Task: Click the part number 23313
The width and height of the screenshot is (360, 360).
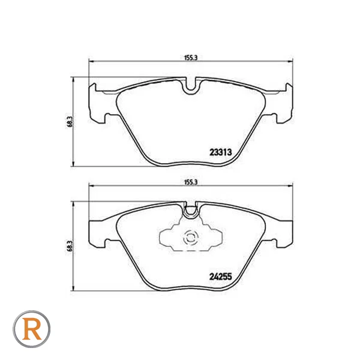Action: pyautogui.click(x=221, y=152)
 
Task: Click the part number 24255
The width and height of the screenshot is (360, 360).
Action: pyautogui.click(x=220, y=277)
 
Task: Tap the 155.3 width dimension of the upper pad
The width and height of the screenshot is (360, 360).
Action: pyautogui.click(x=191, y=58)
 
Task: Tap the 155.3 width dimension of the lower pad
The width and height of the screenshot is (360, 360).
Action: pyautogui.click(x=191, y=182)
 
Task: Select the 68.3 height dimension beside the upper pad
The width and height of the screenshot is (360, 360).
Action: pyautogui.click(x=70, y=121)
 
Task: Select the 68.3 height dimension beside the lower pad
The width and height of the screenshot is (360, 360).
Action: pyautogui.click(x=70, y=245)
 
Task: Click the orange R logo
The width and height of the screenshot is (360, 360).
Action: pyautogui.click(x=31, y=329)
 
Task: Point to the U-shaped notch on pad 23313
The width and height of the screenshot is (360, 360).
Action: pyautogui.click(x=191, y=87)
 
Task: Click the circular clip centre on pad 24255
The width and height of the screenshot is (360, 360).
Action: pyautogui.click(x=191, y=238)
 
